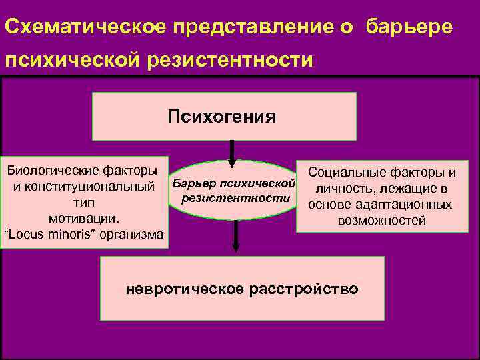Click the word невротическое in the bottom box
[x=185, y=289]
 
